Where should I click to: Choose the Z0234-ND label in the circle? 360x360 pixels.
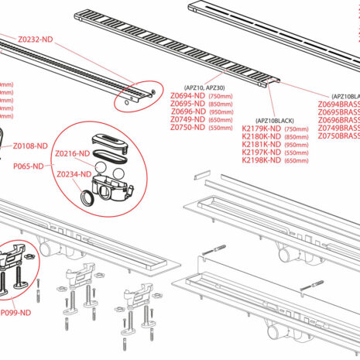[74, 174]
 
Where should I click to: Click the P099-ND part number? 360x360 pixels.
[15, 312]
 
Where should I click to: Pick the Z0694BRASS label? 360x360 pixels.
[339, 104]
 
